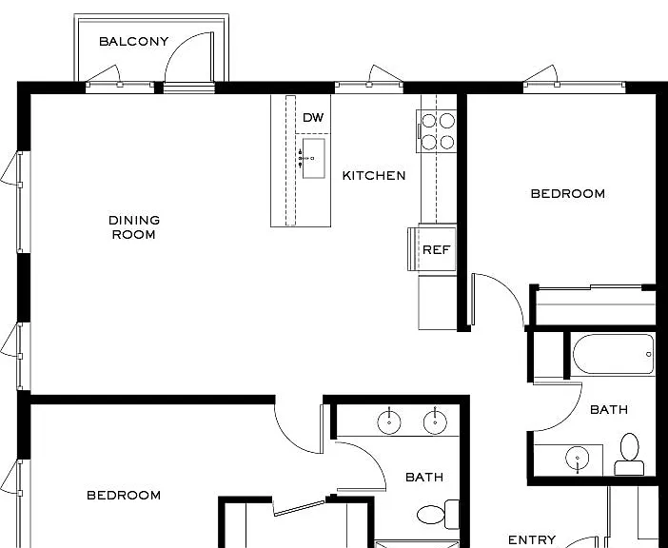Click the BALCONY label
(x=134, y=41)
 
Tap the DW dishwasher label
(x=313, y=118)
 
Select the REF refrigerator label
(x=436, y=249)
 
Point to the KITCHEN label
(x=374, y=175)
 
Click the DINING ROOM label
(x=134, y=227)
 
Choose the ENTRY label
(x=532, y=539)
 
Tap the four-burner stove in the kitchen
(x=437, y=131)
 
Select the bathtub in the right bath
(x=613, y=354)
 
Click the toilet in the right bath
(x=629, y=455)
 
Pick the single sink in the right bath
(x=578, y=459)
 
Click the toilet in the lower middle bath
(x=438, y=515)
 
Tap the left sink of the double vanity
(x=389, y=422)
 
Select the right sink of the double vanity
(x=435, y=422)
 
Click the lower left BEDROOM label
(x=124, y=496)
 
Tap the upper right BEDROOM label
(x=568, y=194)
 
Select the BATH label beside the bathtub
(x=609, y=410)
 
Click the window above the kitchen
(x=369, y=88)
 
